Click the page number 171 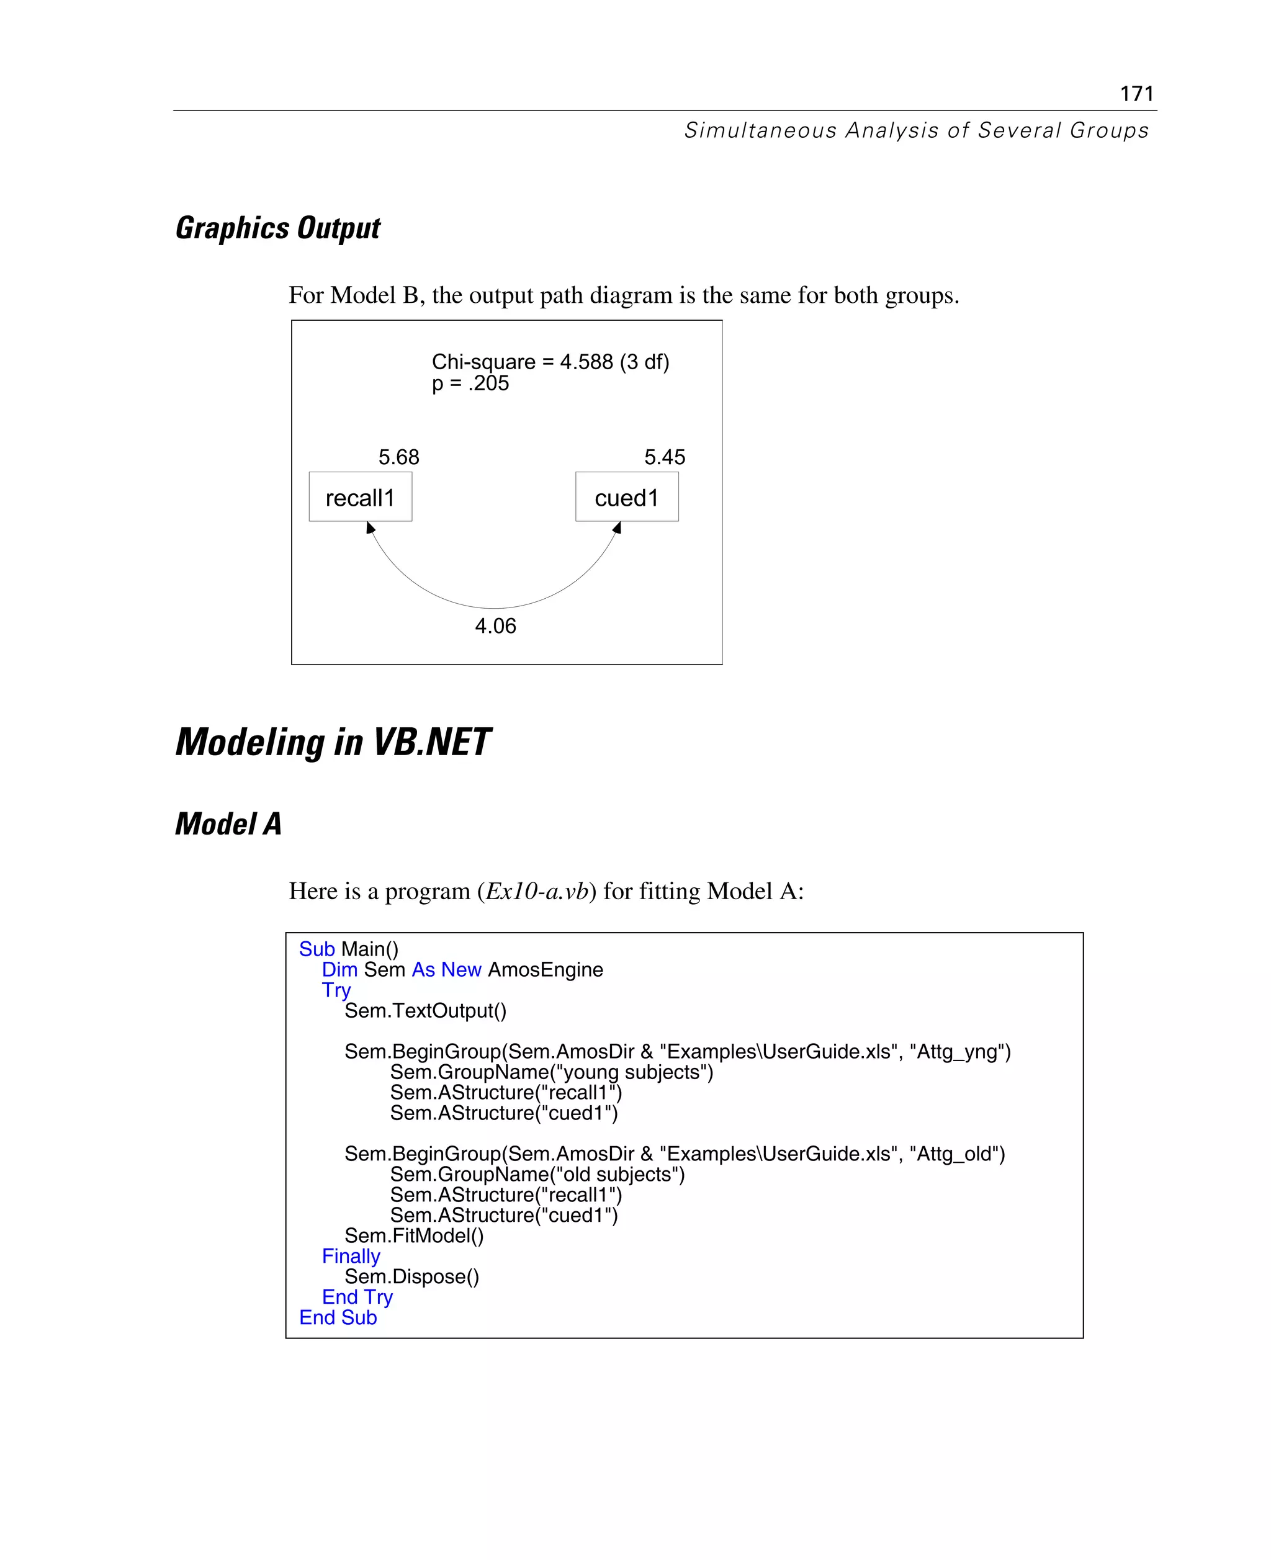[1136, 94]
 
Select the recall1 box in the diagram [360, 497]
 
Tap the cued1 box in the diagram [627, 497]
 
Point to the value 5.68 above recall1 [398, 457]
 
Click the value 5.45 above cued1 [664, 457]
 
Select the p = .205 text [470, 383]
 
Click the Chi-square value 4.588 [586, 362]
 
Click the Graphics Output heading [277, 228]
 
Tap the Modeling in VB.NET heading [333, 742]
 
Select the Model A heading [228, 823]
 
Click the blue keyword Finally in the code [351, 1256]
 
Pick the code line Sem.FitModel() [414, 1235]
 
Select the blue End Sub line [338, 1318]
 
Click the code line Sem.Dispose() [411, 1276]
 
